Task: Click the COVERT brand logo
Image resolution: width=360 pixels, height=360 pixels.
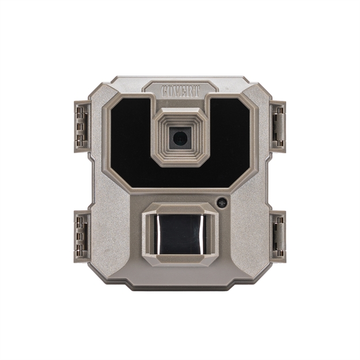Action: [180, 91]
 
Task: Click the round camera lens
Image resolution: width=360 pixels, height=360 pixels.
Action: [180, 137]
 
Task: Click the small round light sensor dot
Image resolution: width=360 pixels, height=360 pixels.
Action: [222, 203]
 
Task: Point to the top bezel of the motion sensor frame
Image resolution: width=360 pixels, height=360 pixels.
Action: [181, 210]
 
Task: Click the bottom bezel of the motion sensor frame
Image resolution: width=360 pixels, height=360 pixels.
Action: [181, 258]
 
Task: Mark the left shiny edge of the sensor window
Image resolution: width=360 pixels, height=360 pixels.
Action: [154, 233]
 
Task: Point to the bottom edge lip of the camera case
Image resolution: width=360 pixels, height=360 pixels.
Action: [180, 286]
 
